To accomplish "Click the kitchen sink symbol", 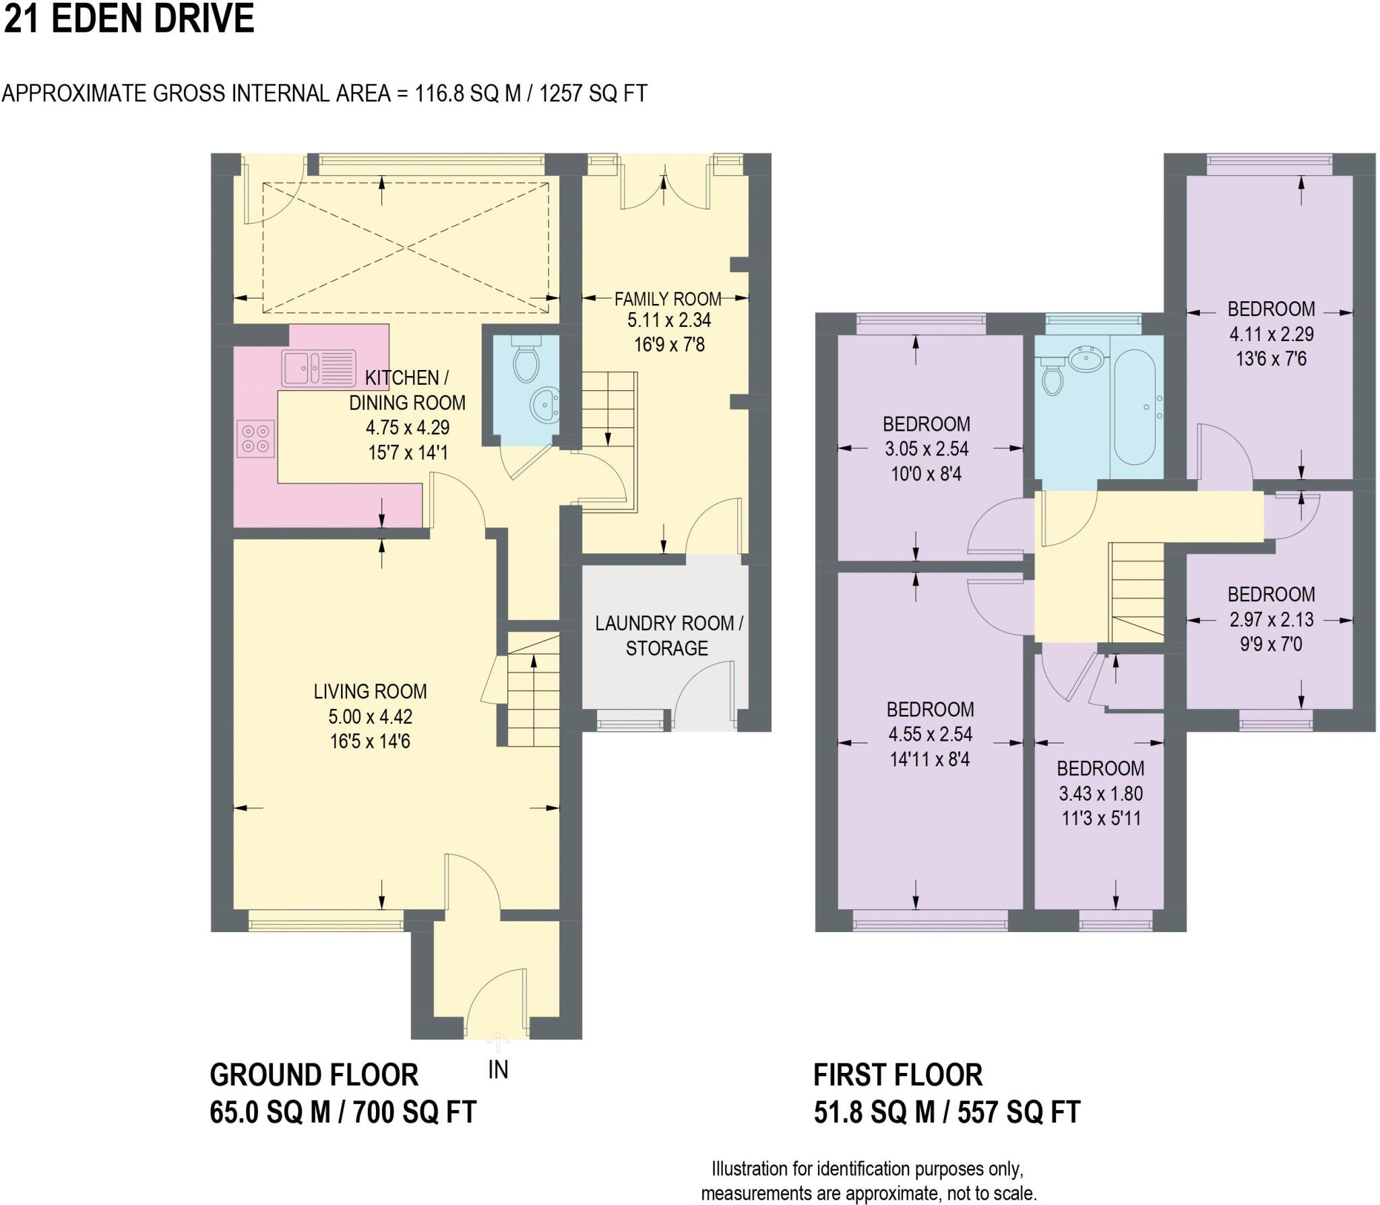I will point(319,367).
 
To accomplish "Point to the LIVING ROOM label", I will point(370,691).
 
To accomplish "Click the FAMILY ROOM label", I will point(667,299).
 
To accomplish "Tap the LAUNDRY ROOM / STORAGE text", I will point(668,636).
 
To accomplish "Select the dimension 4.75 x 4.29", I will point(407,427).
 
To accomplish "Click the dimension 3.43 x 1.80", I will point(1100,793).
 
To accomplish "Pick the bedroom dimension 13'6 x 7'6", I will point(1271,359).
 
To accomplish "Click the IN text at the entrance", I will point(498,1070).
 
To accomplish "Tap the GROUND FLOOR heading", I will point(314,1075).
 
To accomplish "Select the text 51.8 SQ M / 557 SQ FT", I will point(947,1113).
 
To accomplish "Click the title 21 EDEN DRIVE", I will point(129,19).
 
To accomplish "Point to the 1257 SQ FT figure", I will point(593,93).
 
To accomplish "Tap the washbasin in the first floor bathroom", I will point(1086,360).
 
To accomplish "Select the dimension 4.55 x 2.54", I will point(930,734).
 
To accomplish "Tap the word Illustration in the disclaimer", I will point(749,1169).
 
